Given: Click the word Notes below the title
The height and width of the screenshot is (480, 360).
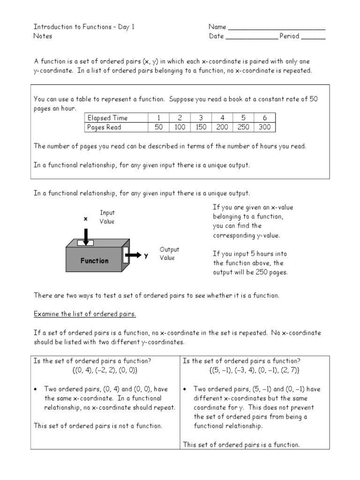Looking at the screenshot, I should click(x=43, y=36).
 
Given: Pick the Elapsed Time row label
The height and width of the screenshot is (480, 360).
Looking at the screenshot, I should click(x=107, y=118).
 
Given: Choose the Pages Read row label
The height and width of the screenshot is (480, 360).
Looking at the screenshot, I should click(x=104, y=127).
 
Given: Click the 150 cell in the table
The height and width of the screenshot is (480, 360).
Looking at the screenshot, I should click(x=200, y=127).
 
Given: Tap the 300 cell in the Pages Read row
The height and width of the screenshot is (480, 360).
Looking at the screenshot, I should click(x=265, y=127).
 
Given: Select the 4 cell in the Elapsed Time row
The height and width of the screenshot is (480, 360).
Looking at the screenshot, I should click(x=222, y=118).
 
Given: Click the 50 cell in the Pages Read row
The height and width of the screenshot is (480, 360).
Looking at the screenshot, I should click(x=158, y=127).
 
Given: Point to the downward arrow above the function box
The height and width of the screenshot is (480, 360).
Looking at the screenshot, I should click(x=86, y=236).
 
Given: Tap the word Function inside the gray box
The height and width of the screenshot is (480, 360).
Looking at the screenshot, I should click(x=94, y=261).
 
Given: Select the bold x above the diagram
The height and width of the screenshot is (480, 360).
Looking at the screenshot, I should click(x=85, y=219).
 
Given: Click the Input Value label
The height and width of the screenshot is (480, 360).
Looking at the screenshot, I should click(x=107, y=217).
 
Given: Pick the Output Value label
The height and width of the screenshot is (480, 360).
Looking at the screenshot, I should click(x=169, y=254).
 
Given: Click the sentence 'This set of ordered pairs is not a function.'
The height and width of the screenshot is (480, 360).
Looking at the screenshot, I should click(x=98, y=426).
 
